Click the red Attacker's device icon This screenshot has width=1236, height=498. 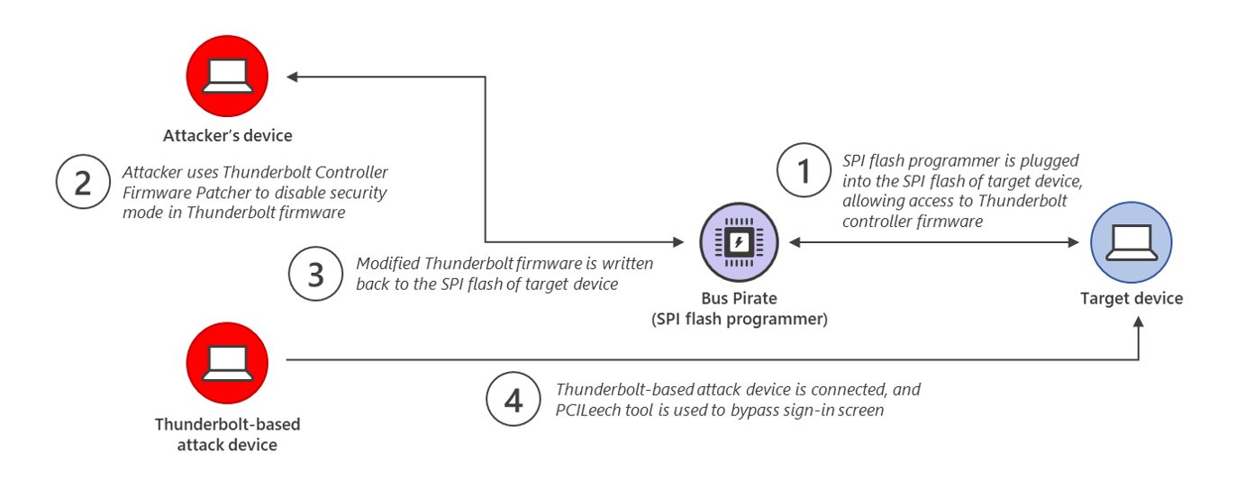[227, 77]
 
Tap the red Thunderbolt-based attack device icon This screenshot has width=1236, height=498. [227, 364]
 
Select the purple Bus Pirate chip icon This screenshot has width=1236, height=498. [741, 241]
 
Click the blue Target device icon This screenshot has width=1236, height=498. [1131, 242]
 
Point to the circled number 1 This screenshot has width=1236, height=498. [804, 170]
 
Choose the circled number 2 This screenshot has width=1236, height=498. [83, 183]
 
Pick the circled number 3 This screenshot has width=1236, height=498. [315, 274]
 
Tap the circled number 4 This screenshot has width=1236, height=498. [513, 400]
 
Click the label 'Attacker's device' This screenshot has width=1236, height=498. [227, 136]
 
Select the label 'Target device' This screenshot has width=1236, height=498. [1131, 298]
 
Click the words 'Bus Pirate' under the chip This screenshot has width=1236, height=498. [741, 298]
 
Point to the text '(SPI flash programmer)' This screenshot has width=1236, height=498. [741, 318]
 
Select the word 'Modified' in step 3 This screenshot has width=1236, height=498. [387, 264]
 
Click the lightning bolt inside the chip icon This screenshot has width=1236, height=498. [741, 241]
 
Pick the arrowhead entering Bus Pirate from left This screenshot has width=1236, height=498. [682, 241]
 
